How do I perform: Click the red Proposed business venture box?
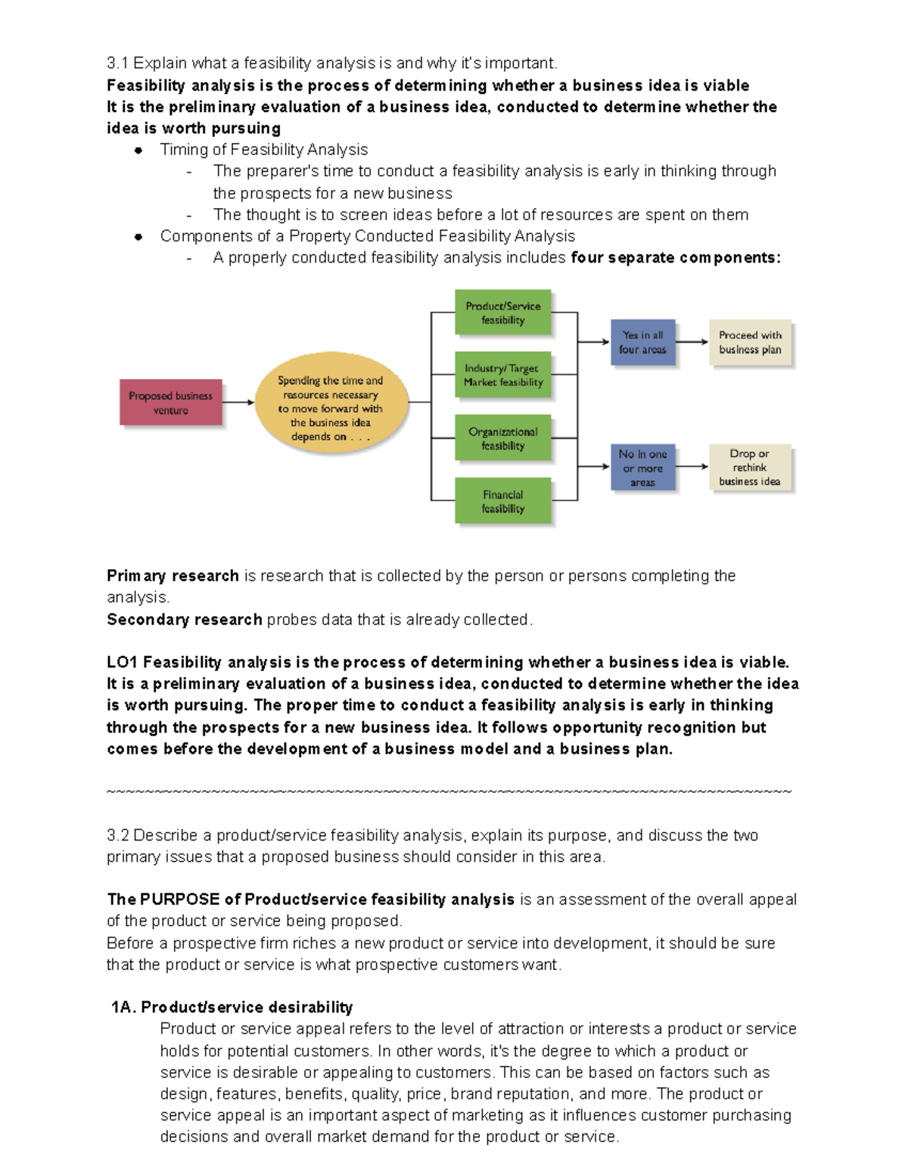[170, 403]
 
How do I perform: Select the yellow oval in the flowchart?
[331, 403]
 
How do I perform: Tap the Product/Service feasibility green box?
[502, 312]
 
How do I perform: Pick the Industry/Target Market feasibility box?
[502, 375]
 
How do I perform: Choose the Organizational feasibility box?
[502, 438]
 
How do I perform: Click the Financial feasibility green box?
[502, 501]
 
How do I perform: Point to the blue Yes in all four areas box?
[642, 342]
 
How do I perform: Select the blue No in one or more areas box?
[642, 468]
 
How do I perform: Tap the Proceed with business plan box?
[750, 342]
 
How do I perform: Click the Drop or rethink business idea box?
[750, 468]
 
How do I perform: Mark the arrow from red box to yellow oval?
[238, 403]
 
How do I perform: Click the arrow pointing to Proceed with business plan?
[692, 342]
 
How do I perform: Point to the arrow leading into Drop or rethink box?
[692, 467]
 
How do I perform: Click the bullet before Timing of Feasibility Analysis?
[138, 151]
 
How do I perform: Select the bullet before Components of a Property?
[138, 237]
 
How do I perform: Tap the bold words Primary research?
[173, 576]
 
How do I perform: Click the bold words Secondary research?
[184, 620]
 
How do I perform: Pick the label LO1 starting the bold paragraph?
[122, 663]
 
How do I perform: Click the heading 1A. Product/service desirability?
[232, 1007]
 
